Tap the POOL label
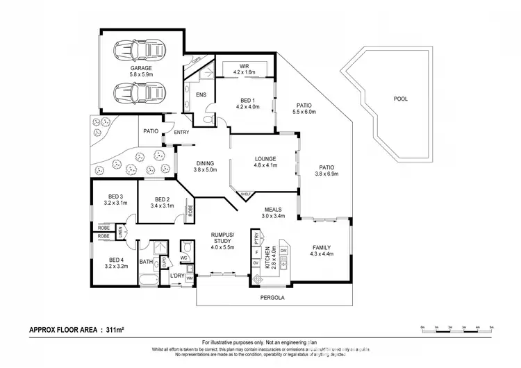click(401, 99)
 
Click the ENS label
click(201, 94)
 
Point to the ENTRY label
click(181, 132)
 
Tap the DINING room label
click(205, 163)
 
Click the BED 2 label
click(162, 199)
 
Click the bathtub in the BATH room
click(148, 281)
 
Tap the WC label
click(185, 258)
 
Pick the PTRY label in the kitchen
click(257, 238)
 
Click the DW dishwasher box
click(284, 250)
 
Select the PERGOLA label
click(272, 297)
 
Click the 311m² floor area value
click(113, 329)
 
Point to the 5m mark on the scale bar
click(491, 326)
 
